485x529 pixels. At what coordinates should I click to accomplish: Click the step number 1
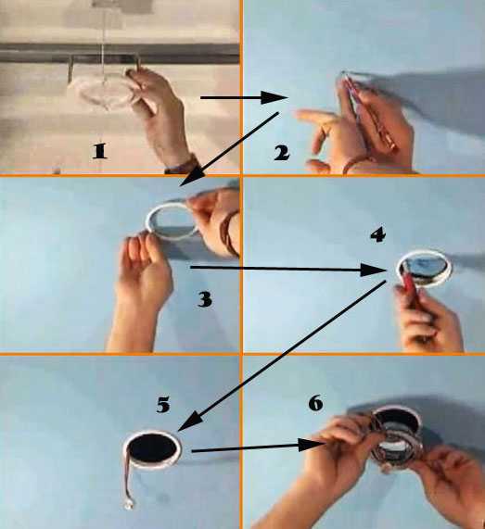point(100,151)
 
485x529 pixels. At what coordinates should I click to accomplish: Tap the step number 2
point(282,153)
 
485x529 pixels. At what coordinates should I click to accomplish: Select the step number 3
point(205,299)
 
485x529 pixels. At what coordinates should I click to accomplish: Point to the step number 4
point(377,234)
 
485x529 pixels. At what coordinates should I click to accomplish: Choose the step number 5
point(163,405)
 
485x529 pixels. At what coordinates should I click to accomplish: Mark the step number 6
point(316,403)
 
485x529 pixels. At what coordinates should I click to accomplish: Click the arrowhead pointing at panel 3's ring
point(192,177)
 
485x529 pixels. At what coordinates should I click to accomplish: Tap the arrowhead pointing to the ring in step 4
point(373,271)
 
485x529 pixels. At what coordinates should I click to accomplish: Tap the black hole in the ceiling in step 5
point(153,448)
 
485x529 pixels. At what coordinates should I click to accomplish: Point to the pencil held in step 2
point(370,111)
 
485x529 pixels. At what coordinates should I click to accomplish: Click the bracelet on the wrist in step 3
point(230,233)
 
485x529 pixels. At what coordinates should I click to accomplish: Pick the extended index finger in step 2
point(316,116)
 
